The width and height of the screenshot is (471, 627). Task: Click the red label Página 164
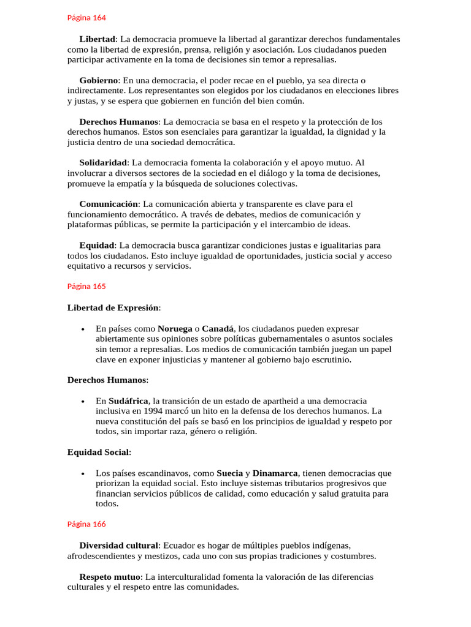(86, 18)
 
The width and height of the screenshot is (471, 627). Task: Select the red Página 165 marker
(86, 286)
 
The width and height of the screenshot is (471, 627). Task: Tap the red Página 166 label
(86, 524)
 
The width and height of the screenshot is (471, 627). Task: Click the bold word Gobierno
(99, 80)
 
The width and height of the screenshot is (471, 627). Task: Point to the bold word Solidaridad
(103, 163)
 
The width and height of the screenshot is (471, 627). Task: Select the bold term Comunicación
(109, 204)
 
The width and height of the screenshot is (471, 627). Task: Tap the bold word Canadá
(218, 329)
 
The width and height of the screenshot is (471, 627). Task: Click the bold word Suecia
(230, 473)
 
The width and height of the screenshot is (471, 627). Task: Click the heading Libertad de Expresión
(113, 307)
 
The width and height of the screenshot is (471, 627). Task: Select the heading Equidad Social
(98, 452)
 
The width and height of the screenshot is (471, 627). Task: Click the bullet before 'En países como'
(83, 329)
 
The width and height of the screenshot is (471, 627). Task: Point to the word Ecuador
(179, 545)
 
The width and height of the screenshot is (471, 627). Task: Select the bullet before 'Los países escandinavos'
(83, 474)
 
